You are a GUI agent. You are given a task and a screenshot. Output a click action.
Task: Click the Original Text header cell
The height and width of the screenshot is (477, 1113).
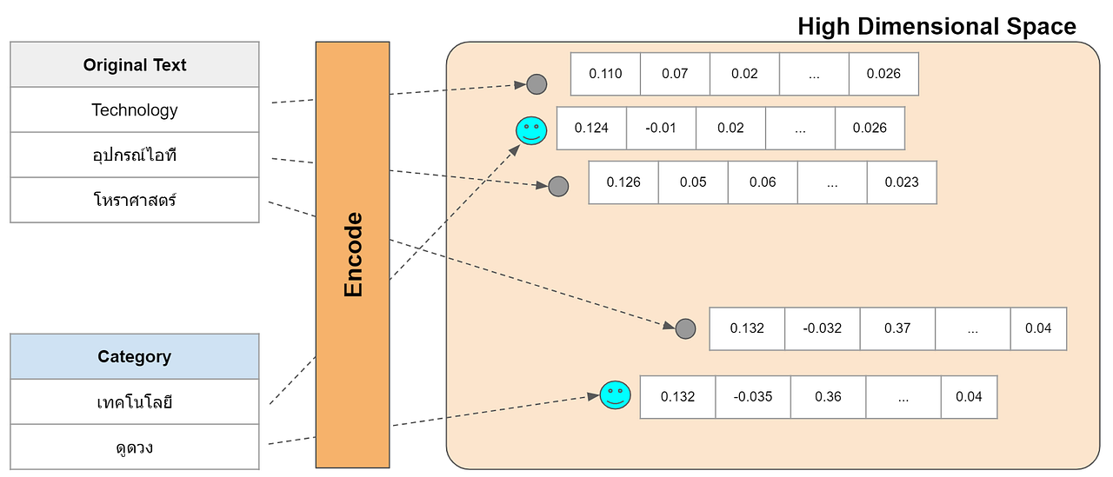pyautogui.click(x=135, y=65)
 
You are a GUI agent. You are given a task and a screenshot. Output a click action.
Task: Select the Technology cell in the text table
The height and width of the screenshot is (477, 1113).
pyautogui.click(x=135, y=110)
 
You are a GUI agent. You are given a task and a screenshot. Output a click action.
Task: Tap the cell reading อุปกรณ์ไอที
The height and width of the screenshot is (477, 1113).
pyautogui.click(x=135, y=156)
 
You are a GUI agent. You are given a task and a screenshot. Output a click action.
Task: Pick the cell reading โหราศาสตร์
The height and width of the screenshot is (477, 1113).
pyautogui.click(x=135, y=201)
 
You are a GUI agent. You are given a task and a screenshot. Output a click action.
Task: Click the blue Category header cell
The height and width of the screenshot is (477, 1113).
pyautogui.click(x=135, y=357)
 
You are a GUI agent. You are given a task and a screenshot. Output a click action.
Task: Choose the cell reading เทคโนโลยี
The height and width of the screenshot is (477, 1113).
pyautogui.click(x=135, y=402)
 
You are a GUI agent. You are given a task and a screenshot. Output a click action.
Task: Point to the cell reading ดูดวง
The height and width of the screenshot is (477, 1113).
pyautogui.click(x=135, y=447)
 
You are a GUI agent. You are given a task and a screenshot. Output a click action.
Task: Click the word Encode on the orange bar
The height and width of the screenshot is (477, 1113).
pyautogui.click(x=353, y=255)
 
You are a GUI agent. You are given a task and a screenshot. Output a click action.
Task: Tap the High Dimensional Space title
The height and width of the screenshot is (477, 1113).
pyautogui.click(x=936, y=27)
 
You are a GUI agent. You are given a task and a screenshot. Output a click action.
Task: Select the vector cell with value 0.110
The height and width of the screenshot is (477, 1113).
pyautogui.click(x=605, y=74)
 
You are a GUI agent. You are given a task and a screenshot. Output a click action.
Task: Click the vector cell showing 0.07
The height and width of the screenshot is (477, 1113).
pyautogui.click(x=675, y=74)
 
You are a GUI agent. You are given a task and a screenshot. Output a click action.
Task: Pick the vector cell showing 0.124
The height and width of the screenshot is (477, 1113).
pyautogui.click(x=591, y=128)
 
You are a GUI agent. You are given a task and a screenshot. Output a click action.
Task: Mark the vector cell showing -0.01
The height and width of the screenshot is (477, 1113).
pyautogui.click(x=661, y=128)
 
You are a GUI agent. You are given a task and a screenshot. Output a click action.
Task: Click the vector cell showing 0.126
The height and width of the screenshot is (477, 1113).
pyautogui.click(x=623, y=182)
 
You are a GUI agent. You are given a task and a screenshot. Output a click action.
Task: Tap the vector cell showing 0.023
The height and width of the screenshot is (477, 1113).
pyautogui.click(x=902, y=182)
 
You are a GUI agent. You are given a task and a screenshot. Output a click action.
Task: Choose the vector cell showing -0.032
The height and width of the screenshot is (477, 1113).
pyautogui.click(x=822, y=328)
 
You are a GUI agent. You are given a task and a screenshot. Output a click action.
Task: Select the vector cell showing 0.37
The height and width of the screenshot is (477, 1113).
pyautogui.click(x=897, y=328)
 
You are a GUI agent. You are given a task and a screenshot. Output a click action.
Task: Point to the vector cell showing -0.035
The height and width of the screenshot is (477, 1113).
pyautogui.click(x=752, y=396)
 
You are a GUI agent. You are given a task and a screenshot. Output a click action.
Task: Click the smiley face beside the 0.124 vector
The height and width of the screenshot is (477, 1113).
pyautogui.click(x=530, y=131)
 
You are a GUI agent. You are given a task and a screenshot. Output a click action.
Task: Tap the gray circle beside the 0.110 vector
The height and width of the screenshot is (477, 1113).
pyautogui.click(x=537, y=84)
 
